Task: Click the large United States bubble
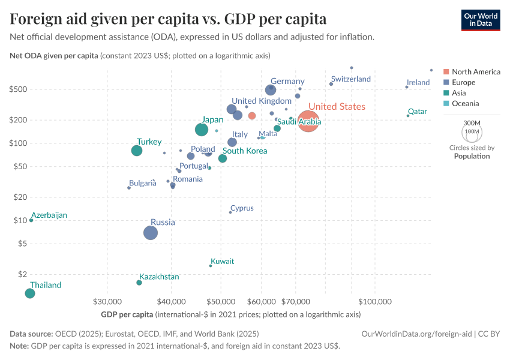click(x=308, y=121)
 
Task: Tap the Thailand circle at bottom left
click(x=30, y=293)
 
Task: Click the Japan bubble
click(x=202, y=130)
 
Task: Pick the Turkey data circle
click(x=137, y=151)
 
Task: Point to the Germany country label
click(x=287, y=81)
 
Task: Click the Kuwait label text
click(x=222, y=261)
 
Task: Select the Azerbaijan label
click(x=49, y=215)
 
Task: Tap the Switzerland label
click(x=350, y=79)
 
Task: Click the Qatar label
click(x=417, y=112)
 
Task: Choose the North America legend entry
click(x=475, y=71)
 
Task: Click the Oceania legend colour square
click(x=445, y=104)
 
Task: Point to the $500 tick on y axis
click(x=19, y=89)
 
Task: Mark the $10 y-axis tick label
click(x=22, y=220)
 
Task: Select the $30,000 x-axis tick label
click(x=108, y=300)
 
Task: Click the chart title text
click(x=168, y=19)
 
